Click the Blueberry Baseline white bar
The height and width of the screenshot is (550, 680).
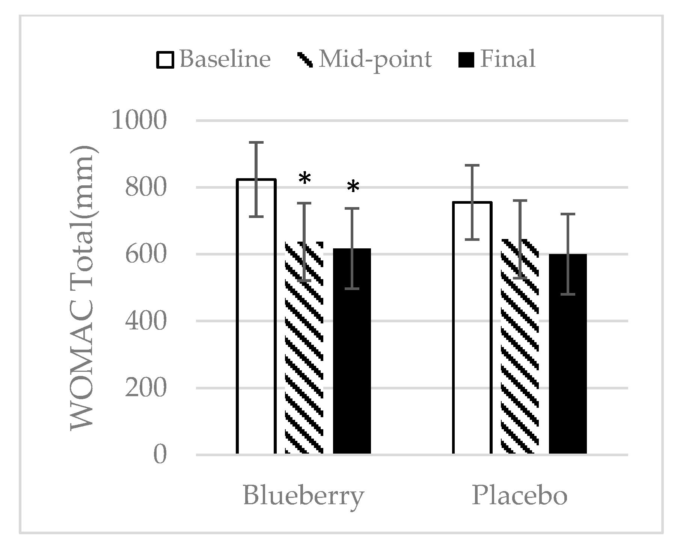pyautogui.click(x=256, y=338)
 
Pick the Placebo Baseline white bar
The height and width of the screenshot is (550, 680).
pyautogui.click(x=472, y=338)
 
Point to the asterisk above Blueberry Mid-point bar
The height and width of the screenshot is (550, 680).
pyautogui.click(x=305, y=179)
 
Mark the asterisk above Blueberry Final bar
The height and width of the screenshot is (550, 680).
pyautogui.click(x=353, y=187)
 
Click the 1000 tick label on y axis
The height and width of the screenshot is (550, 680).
pyautogui.click(x=139, y=121)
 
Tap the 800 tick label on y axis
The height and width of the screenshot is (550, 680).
pyautogui.click(x=145, y=188)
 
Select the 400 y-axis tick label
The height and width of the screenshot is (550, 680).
pyautogui.click(x=145, y=322)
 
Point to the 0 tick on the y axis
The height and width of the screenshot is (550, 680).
pyautogui.click(x=160, y=455)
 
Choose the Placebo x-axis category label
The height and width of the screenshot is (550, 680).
pyautogui.click(x=519, y=495)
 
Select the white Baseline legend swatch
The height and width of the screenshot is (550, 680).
pyautogui.click(x=165, y=60)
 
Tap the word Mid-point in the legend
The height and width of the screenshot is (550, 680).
pyautogui.click(x=375, y=59)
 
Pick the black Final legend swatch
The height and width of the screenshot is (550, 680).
pyautogui.click(x=466, y=60)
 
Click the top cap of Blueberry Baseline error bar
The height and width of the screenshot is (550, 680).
pyautogui.click(x=256, y=143)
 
